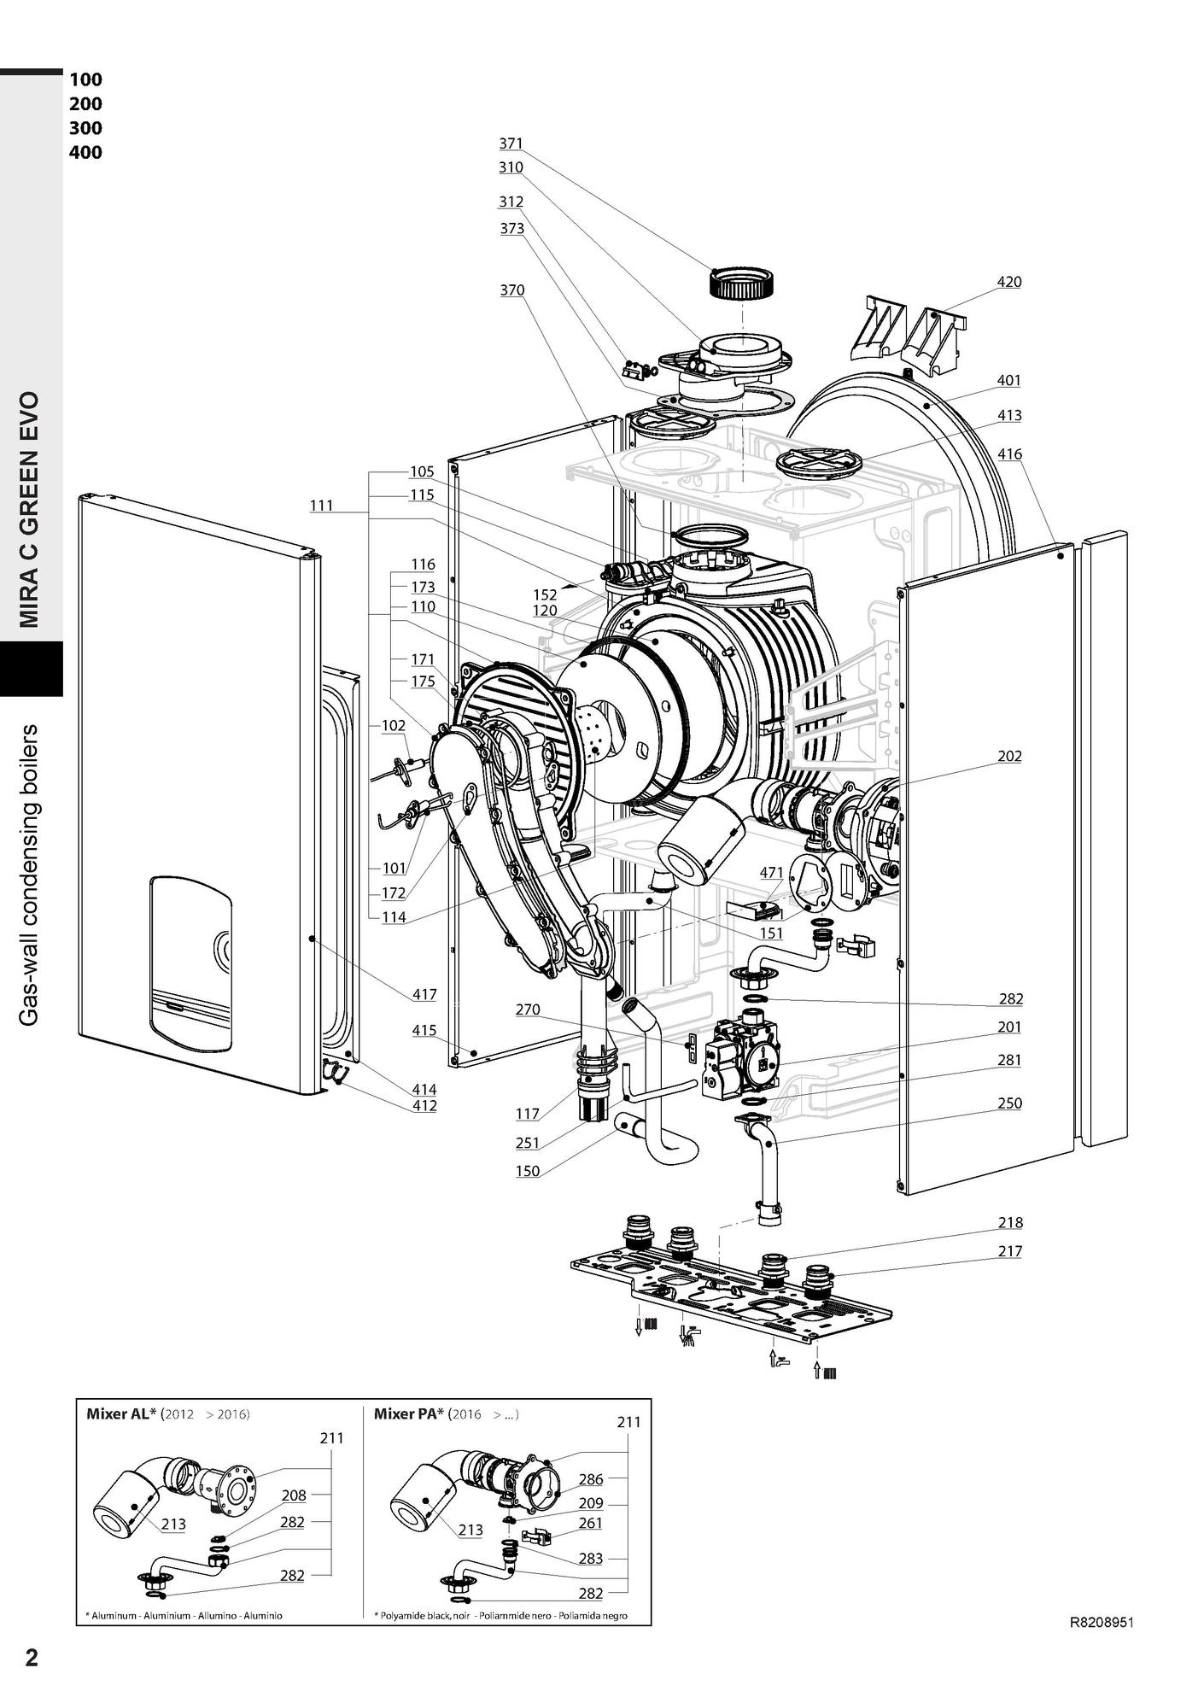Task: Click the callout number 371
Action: coord(511,143)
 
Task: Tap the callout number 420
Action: coord(1009,282)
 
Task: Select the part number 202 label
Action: coord(1009,756)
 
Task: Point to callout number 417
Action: coord(424,994)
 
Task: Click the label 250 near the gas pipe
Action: coord(1009,1103)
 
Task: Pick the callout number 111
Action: coord(321,506)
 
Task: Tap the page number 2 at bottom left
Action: coord(32,1658)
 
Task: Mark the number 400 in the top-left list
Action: coord(85,153)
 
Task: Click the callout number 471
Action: coord(771,872)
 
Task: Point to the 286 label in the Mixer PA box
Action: coord(591,1479)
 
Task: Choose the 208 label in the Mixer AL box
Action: coord(294,1495)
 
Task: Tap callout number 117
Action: coord(528,1114)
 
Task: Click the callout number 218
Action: coord(1009,1222)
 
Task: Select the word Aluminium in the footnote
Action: coord(167,1616)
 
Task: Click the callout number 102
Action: coord(394,725)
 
